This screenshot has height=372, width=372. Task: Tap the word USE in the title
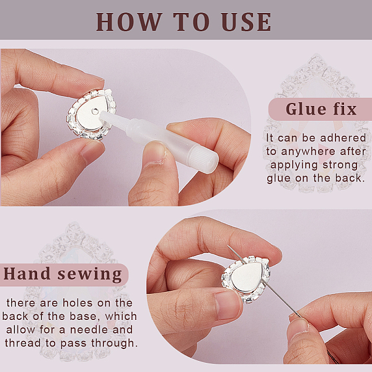click(247, 22)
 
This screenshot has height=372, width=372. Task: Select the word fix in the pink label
click(345, 109)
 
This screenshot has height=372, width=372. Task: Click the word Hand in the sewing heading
click(27, 273)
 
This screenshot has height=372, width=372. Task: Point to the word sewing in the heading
click(89, 275)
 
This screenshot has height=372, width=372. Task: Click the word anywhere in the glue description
click(308, 151)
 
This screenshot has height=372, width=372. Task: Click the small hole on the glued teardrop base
click(95, 110)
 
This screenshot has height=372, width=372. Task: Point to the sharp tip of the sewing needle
click(228, 246)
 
